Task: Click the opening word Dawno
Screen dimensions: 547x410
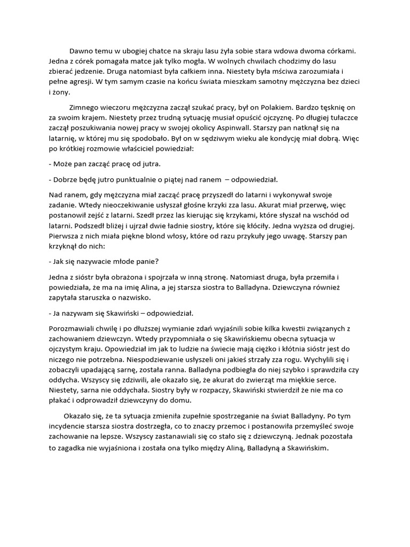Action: [81, 51]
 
